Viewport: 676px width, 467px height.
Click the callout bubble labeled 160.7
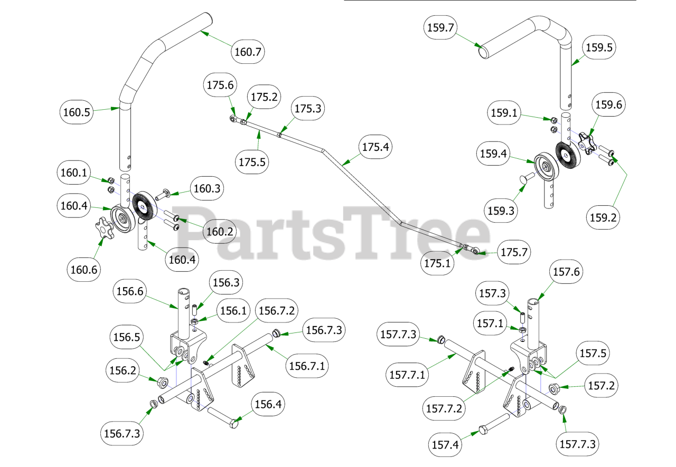click(248, 52)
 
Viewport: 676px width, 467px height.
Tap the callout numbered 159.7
click(440, 27)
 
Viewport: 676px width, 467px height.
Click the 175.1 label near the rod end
click(438, 262)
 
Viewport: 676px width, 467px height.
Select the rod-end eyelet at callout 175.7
click(477, 252)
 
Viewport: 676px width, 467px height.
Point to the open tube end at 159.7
click(483, 52)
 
